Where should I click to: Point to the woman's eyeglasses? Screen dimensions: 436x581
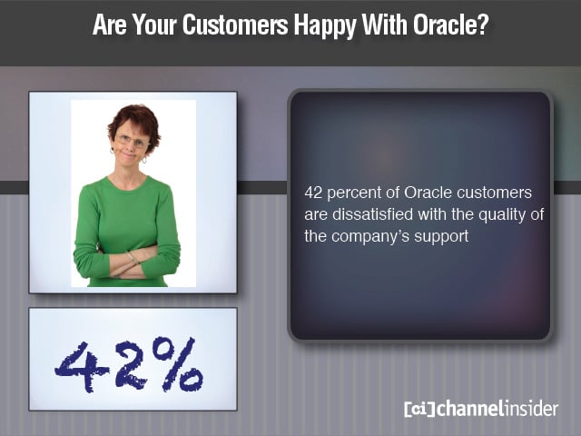click(x=133, y=141)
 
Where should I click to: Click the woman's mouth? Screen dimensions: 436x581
click(x=133, y=160)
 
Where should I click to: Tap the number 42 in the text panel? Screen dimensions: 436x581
click(x=315, y=193)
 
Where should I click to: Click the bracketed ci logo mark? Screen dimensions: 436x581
click(x=419, y=409)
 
